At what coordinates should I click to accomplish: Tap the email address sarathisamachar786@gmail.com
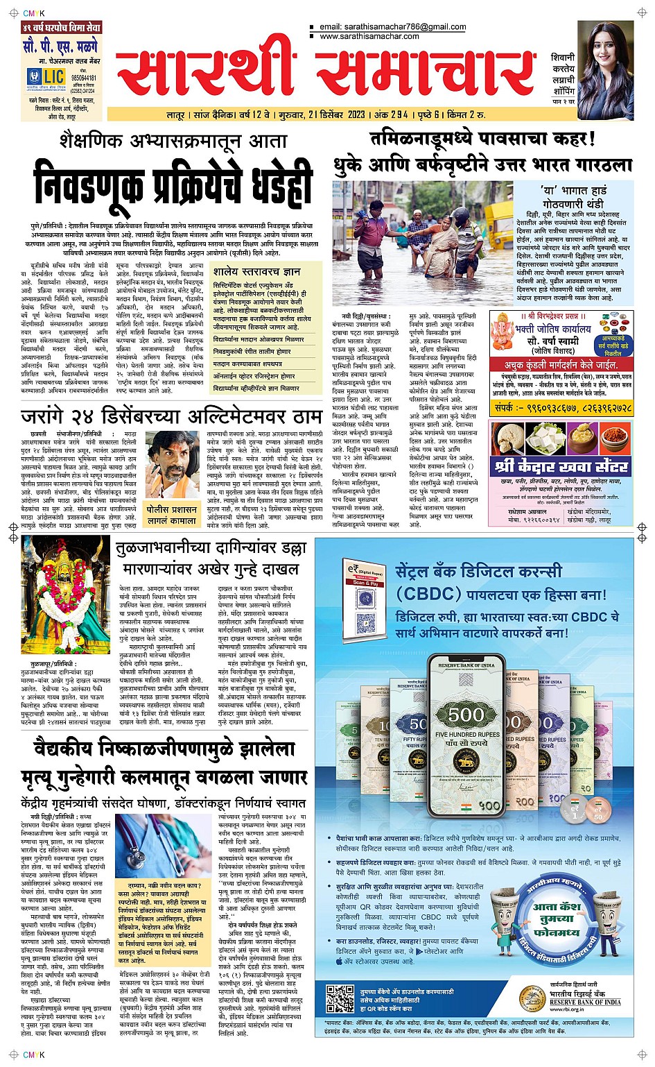point(392,27)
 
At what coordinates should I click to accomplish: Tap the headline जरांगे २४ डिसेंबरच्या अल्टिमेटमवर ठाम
point(171,416)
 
